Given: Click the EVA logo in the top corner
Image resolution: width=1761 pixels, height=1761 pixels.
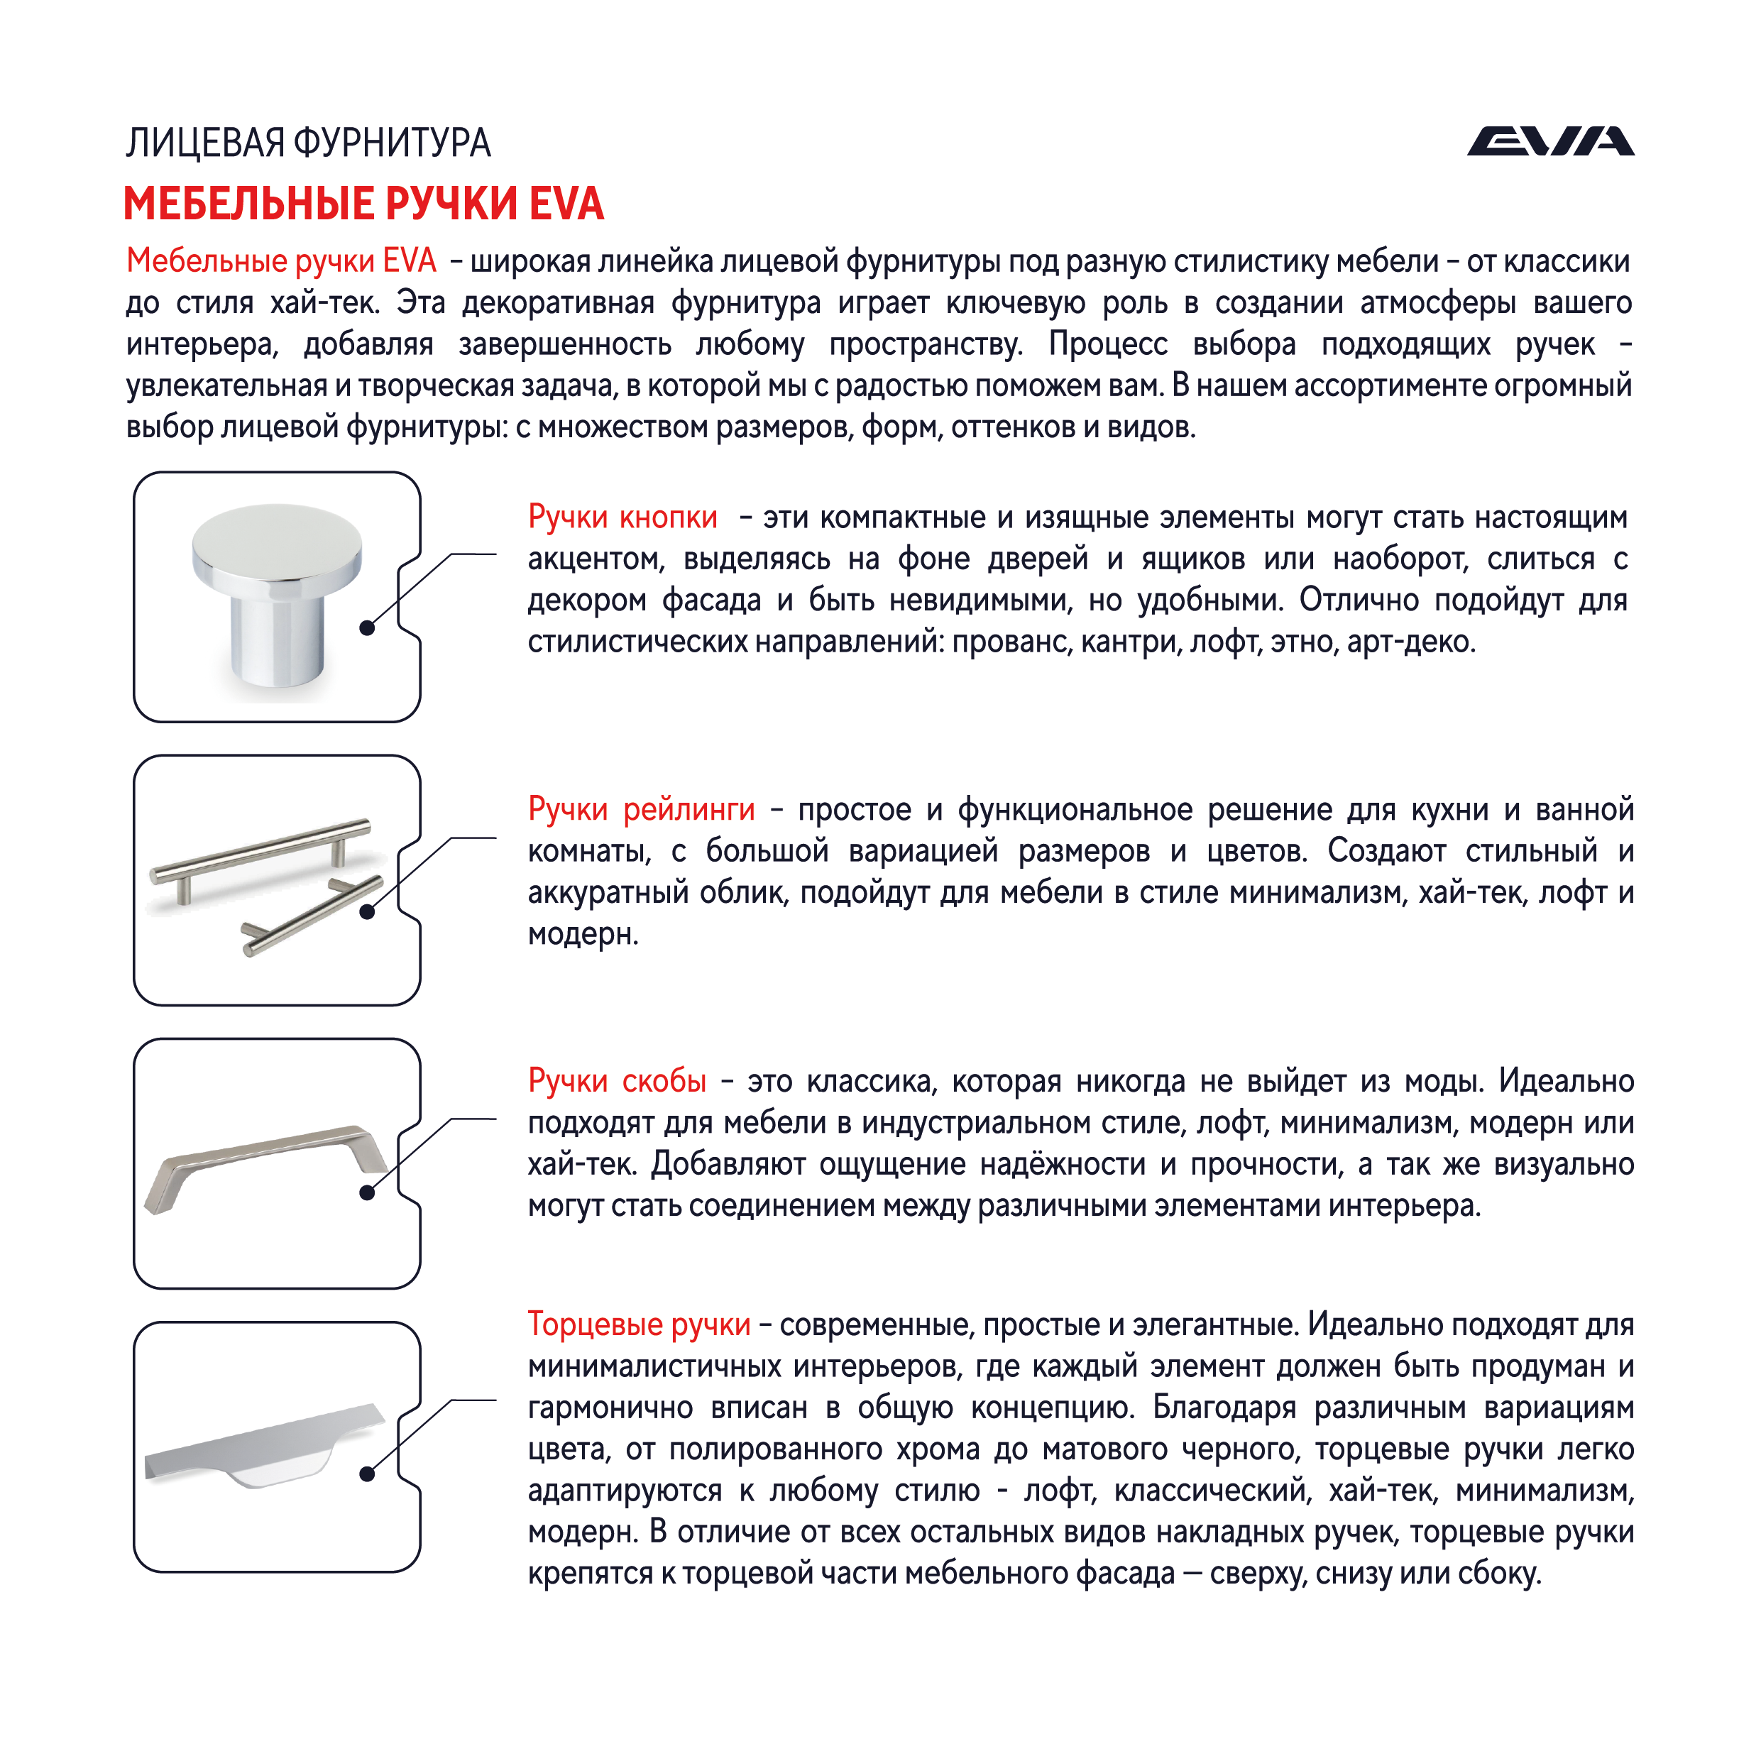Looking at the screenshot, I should (1549, 142).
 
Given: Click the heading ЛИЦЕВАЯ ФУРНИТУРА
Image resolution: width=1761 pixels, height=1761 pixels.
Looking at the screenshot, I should (308, 143).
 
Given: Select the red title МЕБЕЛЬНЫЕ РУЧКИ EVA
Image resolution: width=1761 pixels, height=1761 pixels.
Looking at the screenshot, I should (363, 203).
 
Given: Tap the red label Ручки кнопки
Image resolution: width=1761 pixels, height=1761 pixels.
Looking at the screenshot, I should (622, 517).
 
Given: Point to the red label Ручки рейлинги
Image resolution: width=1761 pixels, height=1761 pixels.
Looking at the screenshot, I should (641, 808).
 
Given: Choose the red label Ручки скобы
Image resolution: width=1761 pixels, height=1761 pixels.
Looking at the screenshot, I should (617, 1080).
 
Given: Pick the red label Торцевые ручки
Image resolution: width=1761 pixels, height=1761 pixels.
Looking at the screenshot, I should (639, 1324).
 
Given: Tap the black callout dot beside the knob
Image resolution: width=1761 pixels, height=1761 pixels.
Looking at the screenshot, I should (368, 628).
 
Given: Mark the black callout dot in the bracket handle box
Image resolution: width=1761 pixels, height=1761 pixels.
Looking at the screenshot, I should (368, 1193).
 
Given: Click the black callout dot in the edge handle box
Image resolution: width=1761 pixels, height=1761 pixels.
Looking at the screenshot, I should (368, 1474).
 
